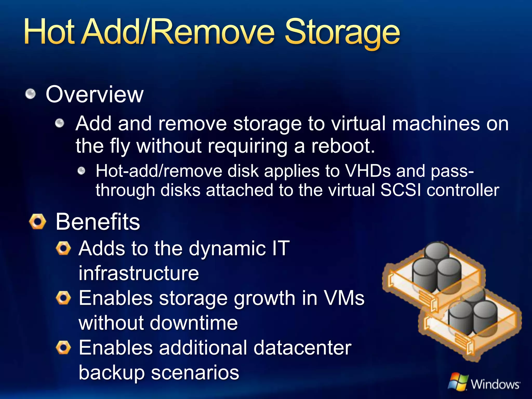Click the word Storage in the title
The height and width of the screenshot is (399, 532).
[342, 32]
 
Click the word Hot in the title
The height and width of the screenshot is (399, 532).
[49, 32]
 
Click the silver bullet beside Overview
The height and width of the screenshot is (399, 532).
[31, 94]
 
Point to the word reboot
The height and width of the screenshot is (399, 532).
[343, 146]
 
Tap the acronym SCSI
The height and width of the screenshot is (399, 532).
[400, 190]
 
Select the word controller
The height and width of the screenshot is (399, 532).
[463, 190]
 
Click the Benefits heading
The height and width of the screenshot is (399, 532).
[98, 222]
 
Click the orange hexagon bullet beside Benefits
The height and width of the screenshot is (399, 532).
[38, 222]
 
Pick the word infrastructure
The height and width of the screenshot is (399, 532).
[139, 273]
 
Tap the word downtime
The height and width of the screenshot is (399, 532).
[194, 323]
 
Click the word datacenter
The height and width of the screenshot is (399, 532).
[302, 348]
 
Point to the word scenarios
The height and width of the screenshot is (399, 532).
[195, 373]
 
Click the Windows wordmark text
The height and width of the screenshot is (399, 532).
[495, 384]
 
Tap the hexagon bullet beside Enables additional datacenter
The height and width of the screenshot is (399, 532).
[63, 348]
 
